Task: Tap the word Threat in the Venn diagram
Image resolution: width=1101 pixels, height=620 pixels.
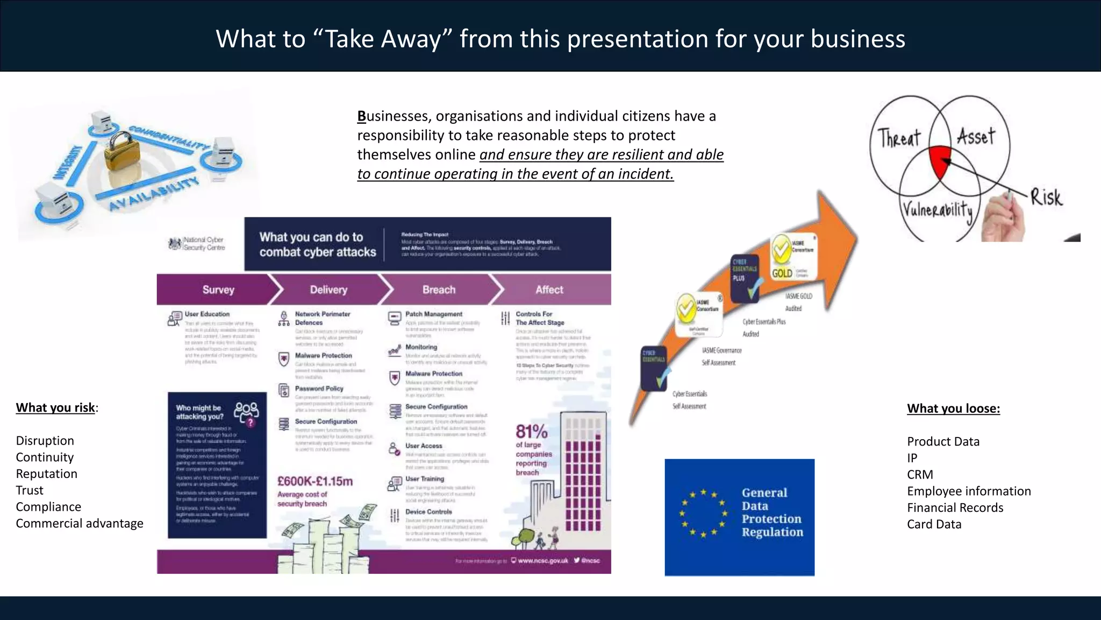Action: (899, 138)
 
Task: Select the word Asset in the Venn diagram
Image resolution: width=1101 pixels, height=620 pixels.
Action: (976, 136)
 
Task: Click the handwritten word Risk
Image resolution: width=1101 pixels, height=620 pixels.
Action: (1046, 198)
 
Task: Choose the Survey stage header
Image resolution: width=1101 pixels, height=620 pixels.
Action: (218, 290)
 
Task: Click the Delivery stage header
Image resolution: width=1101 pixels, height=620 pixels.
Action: (328, 290)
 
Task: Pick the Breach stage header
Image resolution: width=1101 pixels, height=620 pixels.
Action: (439, 290)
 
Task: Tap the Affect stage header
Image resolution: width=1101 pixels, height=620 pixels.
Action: (549, 290)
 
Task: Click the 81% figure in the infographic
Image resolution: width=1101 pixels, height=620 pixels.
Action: (531, 432)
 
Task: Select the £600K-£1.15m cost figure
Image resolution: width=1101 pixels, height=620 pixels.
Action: (315, 481)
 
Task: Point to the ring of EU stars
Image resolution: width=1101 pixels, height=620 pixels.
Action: (703, 513)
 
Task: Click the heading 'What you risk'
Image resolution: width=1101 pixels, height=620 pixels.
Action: (56, 407)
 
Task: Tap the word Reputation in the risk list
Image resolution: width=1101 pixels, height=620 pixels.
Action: (47, 474)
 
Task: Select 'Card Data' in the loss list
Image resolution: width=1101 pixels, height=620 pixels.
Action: (934, 524)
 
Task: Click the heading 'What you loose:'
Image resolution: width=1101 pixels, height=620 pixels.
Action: (954, 408)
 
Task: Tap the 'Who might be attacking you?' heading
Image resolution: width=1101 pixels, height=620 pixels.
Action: (199, 412)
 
